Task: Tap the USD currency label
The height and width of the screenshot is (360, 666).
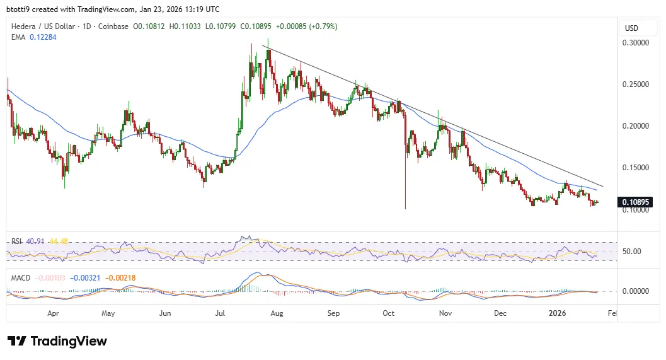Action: click(631, 28)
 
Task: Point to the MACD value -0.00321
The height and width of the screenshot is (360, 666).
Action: click(83, 278)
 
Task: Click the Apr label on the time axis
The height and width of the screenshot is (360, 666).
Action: click(54, 313)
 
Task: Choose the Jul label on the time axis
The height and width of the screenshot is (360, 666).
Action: click(221, 313)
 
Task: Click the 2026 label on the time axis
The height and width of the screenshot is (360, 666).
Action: click(558, 313)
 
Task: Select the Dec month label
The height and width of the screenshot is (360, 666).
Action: click(502, 313)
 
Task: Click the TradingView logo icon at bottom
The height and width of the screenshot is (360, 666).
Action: click(17, 341)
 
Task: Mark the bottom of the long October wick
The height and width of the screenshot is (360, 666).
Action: click(405, 209)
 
